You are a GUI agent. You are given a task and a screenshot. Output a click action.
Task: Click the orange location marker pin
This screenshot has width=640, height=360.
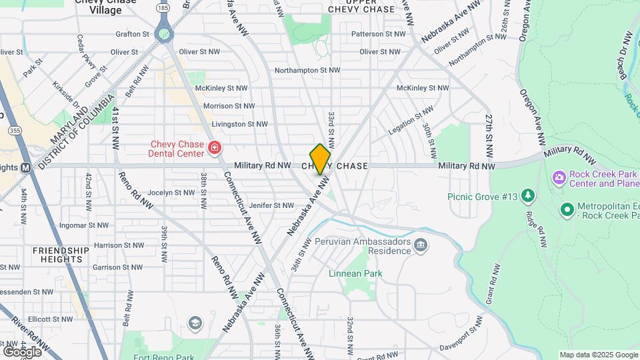point(320,159)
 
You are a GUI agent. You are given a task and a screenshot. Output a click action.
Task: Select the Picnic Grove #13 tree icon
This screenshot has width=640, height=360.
point(528,195)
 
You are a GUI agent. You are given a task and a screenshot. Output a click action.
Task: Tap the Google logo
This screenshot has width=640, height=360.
point(22,351)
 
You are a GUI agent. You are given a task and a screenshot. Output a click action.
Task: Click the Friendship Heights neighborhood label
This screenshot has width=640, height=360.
point(61,255)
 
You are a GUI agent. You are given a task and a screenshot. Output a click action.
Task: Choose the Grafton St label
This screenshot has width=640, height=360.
point(132,33)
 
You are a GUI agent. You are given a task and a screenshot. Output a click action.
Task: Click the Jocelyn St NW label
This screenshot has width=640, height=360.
point(170,192)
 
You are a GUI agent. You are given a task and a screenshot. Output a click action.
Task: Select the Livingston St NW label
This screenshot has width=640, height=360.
point(239,124)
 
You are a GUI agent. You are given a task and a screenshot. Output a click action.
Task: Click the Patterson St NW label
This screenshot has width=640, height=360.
point(378,33)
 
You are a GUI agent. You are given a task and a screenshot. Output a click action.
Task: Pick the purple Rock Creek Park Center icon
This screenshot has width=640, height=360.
point(559,178)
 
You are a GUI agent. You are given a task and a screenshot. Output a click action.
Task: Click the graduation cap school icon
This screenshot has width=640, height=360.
point(195,323)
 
